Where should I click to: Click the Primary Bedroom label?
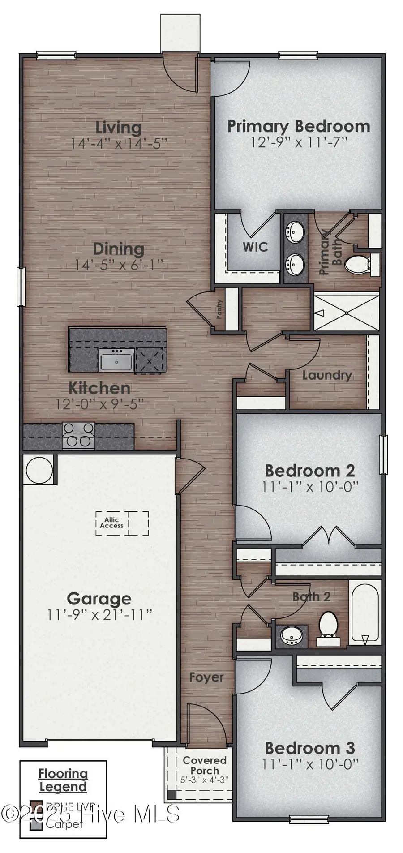coord(299,126)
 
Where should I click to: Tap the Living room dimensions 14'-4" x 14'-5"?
coord(119,144)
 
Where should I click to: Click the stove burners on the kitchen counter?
coord(78,435)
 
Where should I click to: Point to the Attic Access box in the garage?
coord(112,523)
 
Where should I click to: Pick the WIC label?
coord(255,247)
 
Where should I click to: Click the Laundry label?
coord(327,375)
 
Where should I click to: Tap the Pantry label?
coord(219,309)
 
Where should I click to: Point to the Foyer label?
coord(206,677)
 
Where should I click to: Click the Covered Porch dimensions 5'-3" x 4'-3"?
coord(205,779)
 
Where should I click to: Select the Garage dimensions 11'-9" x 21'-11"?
coord(99,615)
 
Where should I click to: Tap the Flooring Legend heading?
coord(63,780)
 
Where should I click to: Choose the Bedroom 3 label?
coord(310,748)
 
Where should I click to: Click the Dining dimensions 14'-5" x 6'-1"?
coord(118,265)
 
